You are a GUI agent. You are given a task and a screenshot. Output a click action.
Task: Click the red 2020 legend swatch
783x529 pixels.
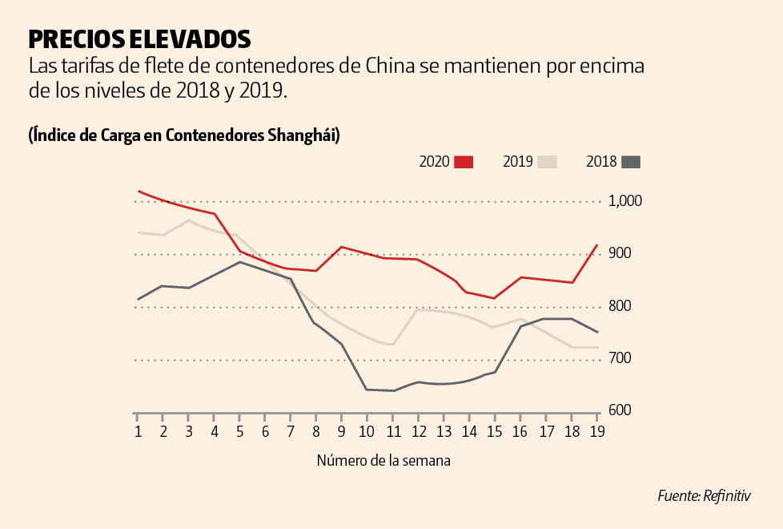pyautogui.click(x=464, y=162)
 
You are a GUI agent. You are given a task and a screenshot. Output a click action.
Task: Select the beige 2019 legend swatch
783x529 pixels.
pyautogui.click(x=548, y=162)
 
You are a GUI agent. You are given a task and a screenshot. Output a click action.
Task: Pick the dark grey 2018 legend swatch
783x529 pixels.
pyautogui.click(x=631, y=162)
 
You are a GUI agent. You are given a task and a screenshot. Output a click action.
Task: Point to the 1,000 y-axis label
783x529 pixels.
pyautogui.click(x=626, y=201)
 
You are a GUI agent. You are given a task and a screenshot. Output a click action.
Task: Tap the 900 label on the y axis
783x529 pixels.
pyautogui.click(x=620, y=253)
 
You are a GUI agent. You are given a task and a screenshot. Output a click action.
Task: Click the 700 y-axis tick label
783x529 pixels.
pyautogui.click(x=620, y=358)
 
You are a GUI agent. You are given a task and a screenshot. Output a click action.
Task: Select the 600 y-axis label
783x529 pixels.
pyautogui.click(x=620, y=410)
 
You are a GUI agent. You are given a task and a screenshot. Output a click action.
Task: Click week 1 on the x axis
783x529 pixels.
pyautogui.click(x=138, y=431)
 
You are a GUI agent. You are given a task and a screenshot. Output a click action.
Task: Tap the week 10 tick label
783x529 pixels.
pyautogui.click(x=367, y=431)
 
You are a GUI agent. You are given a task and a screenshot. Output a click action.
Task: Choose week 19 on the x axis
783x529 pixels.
pyautogui.click(x=596, y=431)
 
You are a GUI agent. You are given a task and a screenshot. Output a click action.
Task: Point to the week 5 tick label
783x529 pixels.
pyautogui.click(x=239, y=431)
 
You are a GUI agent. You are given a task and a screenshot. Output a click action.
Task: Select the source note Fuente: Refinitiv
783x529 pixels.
pyautogui.click(x=705, y=496)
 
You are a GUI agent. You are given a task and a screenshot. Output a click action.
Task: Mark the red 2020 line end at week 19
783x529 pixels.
pyautogui.click(x=596, y=245)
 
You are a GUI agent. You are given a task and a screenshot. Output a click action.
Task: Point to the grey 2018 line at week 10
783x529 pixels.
pyautogui.click(x=367, y=390)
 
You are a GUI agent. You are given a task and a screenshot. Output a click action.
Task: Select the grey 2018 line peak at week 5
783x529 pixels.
pyautogui.click(x=239, y=262)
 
